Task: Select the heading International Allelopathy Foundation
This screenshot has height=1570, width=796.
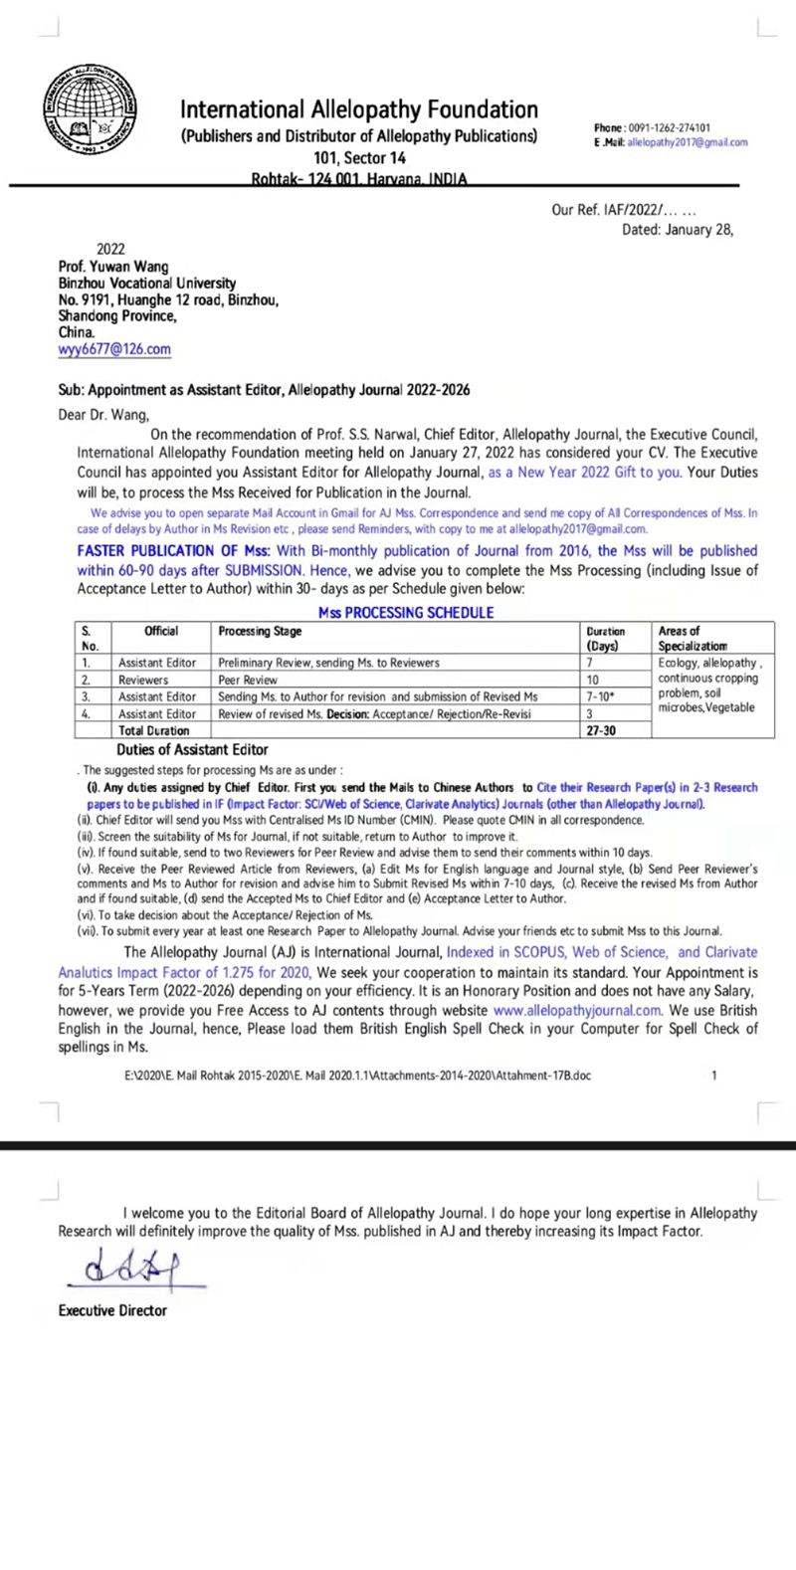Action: tap(358, 109)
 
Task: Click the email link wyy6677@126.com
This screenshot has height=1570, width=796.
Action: tap(114, 349)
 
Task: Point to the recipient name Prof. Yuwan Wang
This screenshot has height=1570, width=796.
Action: tap(113, 267)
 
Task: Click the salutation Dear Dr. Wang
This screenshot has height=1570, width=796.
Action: tap(103, 415)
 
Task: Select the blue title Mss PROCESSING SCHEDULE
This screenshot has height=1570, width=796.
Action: tap(406, 613)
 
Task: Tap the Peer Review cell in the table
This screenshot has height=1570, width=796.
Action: tap(248, 680)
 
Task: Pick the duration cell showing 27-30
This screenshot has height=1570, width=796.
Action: tap(601, 730)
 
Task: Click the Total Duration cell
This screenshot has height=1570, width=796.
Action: tap(154, 730)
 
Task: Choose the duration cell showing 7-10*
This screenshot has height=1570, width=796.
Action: tap(601, 696)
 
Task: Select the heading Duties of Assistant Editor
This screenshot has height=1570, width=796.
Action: tap(192, 749)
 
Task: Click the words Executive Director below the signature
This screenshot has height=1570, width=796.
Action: tap(112, 1310)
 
